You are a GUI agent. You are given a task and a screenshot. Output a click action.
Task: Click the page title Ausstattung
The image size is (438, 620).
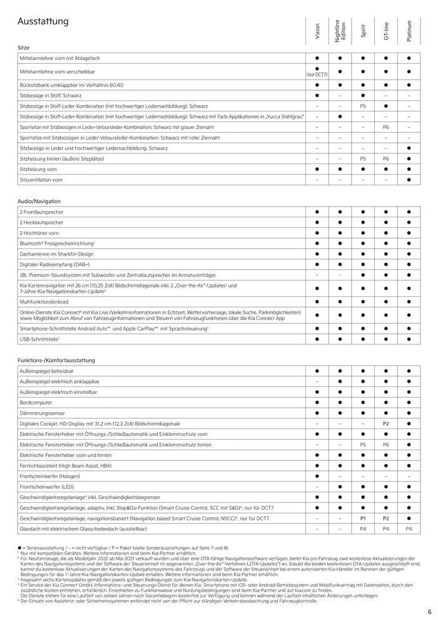coord(43,22)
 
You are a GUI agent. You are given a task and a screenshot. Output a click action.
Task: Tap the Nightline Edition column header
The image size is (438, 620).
coord(340,32)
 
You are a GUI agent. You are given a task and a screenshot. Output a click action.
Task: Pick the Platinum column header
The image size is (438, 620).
coord(409,31)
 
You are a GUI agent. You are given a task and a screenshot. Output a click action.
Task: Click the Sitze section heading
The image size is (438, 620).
coord(24,48)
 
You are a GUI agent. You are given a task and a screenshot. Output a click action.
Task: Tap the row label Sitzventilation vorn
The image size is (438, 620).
coord(41,180)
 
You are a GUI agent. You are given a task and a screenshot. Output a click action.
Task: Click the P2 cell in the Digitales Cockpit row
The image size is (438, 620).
coord(386,424)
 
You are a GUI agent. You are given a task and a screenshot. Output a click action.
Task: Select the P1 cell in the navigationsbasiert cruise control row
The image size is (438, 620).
coord(363,519)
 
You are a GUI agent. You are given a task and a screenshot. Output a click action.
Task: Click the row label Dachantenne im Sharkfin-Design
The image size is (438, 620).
coord(56,254)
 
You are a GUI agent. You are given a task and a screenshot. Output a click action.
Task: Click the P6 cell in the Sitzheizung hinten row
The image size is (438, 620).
coord(386,159)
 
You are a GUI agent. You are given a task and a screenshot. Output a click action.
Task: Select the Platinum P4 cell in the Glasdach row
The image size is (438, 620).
coord(409,529)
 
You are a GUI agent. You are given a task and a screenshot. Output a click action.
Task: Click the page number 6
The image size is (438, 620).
coord(429,612)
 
